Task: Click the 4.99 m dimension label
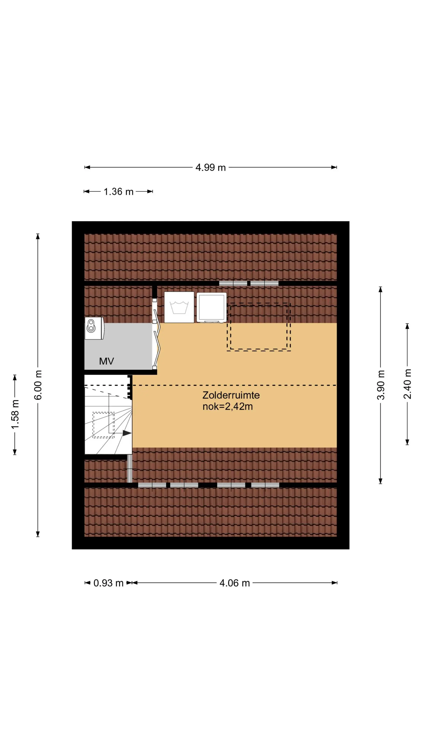[x=210, y=167]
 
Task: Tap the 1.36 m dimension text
[x=118, y=191]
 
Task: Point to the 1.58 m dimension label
[x=15, y=414]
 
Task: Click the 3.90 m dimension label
[x=381, y=385]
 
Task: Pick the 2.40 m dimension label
[x=407, y=383]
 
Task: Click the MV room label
[x=106, y=361]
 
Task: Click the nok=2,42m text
[x=227, y=406]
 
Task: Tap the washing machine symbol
[x=179, y=307]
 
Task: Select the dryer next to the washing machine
[x=211, y=308]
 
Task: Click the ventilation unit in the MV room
[x=94, y=328]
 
